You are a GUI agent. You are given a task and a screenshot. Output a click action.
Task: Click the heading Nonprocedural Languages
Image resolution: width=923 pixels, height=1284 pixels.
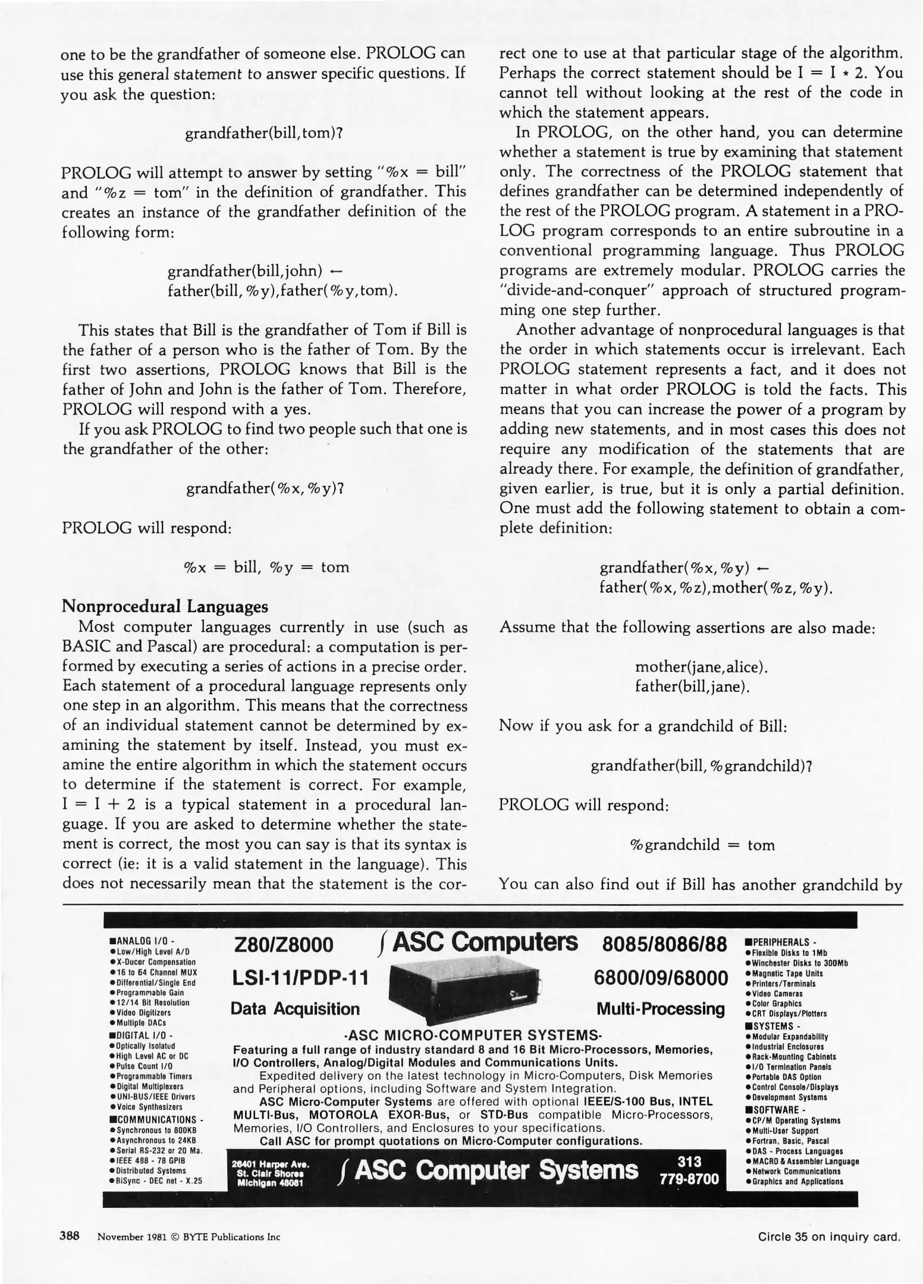pos(165,607)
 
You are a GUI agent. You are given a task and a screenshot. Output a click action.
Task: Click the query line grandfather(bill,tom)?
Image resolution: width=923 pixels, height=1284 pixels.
pos(265,133)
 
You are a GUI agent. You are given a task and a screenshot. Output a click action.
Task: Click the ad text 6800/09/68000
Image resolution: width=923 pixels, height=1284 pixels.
pos(661,978)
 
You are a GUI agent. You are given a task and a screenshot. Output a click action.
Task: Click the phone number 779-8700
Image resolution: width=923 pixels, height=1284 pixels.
pos(690,1179)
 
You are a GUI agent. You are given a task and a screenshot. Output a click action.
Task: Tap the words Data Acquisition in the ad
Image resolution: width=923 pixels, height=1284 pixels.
pos(295,1009)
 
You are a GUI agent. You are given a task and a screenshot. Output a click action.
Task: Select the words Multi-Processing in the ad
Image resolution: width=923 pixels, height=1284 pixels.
pos(661,1009)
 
